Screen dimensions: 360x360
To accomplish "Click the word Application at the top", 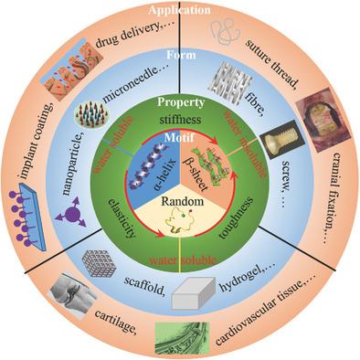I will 179,8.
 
